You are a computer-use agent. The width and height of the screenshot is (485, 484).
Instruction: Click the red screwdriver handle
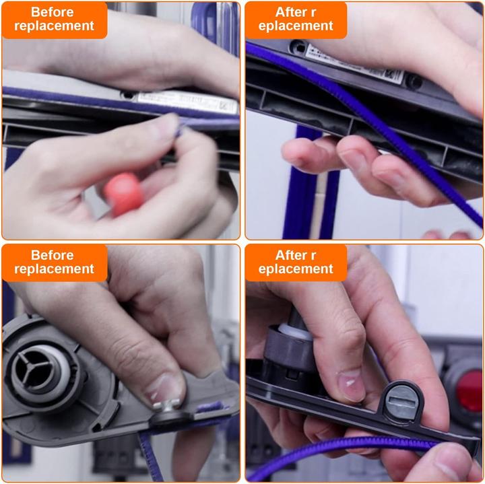[x=123, y=194]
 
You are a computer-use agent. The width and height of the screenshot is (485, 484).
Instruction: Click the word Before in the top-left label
[x=53, y=12]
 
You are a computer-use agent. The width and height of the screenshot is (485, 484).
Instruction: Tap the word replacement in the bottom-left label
[x=54, y=269]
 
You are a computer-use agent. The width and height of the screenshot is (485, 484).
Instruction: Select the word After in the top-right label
[x=291, y=12]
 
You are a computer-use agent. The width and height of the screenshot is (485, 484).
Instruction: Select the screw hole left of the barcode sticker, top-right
[x=297, y=47]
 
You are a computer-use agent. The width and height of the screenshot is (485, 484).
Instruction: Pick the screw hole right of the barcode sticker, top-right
[x=412, y=81]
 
